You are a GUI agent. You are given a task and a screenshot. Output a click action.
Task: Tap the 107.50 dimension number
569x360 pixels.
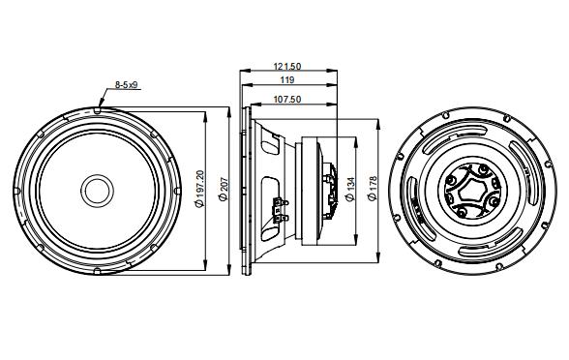pos(284,99)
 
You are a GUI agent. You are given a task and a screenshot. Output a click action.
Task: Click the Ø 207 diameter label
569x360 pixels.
pos(223,189)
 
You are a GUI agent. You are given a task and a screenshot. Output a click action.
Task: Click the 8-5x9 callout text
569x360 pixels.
pos(128,85)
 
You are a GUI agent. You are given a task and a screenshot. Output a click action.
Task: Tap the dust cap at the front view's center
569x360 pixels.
pos(97,189)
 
